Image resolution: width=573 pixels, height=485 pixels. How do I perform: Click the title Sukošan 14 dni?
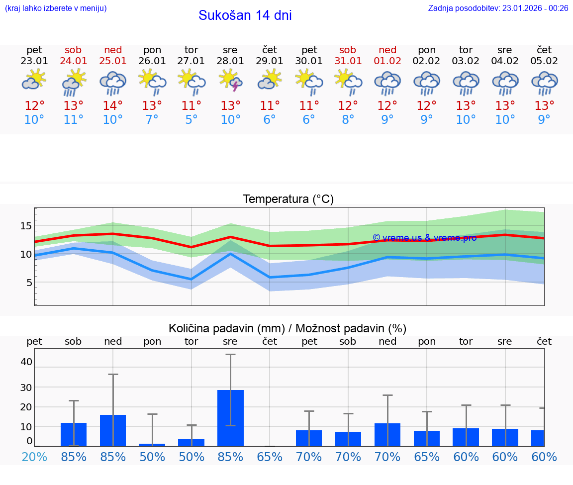click(x=245, y=15)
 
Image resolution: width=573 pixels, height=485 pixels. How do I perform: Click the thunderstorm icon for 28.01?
click(x=231, y=81)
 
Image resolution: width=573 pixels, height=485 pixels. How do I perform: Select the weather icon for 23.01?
click(x=34, y=80)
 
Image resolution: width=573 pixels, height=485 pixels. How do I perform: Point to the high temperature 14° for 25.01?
click(x=113, y=106)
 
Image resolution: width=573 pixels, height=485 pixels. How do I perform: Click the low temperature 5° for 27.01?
click(x=191, y=120)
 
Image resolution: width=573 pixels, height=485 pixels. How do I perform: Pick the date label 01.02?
click(x=387, y=61)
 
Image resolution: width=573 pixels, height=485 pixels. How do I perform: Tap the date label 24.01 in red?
click(x=74, y=61)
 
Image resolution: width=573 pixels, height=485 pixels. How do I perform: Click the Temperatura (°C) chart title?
click(x=288, y=199)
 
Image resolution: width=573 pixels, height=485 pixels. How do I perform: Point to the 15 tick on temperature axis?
click(x=25, y=226)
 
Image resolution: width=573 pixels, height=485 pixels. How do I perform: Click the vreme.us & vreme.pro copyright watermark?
click(x=424, y=238)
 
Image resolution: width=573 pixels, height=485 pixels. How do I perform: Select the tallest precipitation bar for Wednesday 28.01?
click(x=231, y=418)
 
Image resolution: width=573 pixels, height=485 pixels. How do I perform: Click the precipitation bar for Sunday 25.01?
click(x=113, y=430)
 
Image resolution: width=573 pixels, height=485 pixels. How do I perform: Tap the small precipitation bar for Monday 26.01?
click(x=152, y=445)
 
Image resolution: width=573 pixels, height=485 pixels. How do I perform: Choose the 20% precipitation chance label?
click(x=34, y=457)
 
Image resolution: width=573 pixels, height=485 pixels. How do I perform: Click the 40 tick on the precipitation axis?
click(x=26, y=362)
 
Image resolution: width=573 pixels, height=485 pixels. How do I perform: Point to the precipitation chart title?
click(x=287, y=328)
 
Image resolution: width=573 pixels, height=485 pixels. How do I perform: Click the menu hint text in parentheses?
click(x=56, y=8)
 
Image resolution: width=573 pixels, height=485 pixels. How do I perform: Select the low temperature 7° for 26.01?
click(x=152, y=120)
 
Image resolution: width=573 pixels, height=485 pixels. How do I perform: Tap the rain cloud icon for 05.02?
click(x=544, y=82)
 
